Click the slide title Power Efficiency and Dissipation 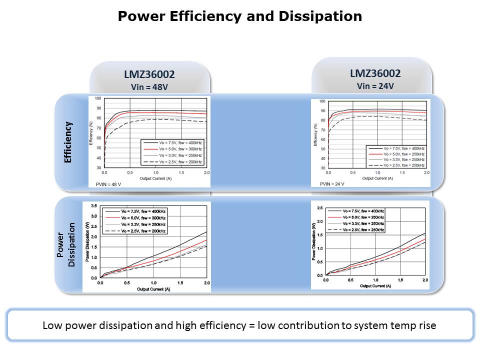point(239,16)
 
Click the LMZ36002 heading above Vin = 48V point(149,74)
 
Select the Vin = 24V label point(375,86)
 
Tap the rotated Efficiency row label point(68,142)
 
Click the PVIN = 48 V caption point(108,184)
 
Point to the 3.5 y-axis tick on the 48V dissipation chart point(94,206)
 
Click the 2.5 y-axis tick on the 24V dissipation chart point(320,207)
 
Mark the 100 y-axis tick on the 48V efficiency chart point(98,99)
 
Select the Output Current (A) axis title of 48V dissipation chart point(153,288)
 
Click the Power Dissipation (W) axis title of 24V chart point(313,241)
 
